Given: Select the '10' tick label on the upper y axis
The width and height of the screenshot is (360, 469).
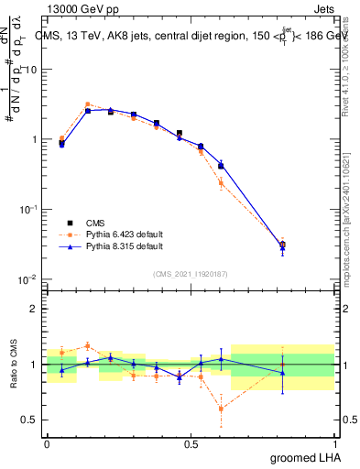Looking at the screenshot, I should [x=30, y=70].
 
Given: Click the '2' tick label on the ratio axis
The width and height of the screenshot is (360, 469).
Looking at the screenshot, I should [x=35, y=309].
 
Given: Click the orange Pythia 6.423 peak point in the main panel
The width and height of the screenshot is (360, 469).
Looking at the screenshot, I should [x=87, y=104].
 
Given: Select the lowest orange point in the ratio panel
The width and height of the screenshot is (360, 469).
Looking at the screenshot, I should [x=221, y=409].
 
